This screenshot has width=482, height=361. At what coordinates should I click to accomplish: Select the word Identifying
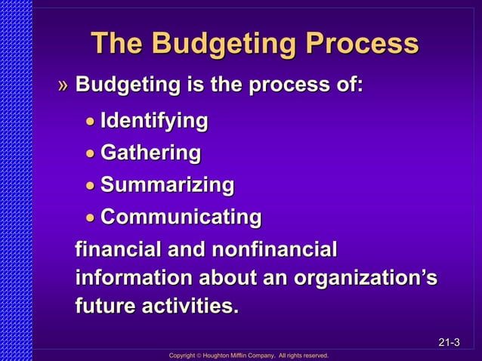[154, 121]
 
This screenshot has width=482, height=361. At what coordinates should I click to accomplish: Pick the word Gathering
[150, 153]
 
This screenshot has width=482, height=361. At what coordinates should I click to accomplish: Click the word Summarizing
[167, 185]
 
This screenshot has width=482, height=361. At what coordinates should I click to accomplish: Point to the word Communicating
[181, 218]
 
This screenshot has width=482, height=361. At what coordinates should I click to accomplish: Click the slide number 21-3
[449, 344]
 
